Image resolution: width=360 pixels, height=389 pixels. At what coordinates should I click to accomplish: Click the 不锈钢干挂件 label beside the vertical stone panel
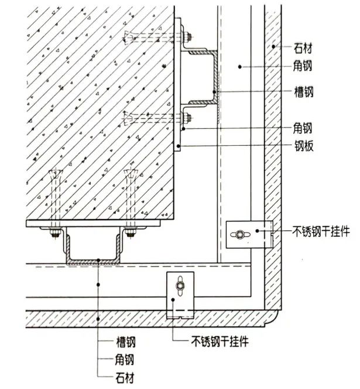[x=321, y=232]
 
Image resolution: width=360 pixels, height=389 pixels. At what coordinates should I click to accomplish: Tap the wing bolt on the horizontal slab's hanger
[x=180, y=285]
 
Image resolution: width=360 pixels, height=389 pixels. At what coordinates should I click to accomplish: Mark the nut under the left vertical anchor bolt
[x=54, y=235]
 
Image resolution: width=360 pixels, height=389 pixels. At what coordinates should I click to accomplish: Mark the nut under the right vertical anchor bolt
[x=129, y=235]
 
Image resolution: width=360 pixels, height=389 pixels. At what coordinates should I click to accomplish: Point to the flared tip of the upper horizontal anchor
[x=126, y=38]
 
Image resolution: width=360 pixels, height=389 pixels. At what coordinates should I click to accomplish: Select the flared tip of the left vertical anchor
[x=56, y=173]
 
